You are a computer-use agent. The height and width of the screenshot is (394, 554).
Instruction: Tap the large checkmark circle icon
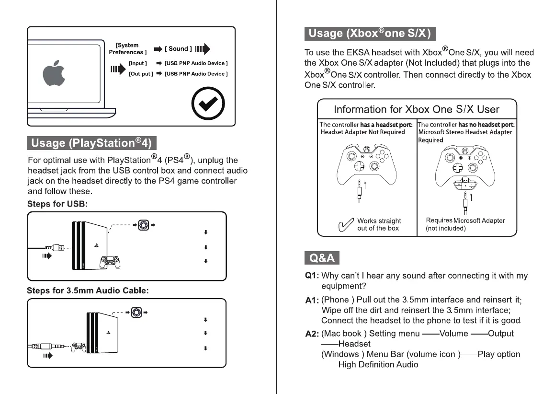tap(208, 103)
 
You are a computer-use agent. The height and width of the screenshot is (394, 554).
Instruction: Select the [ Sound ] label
tap(179, 49)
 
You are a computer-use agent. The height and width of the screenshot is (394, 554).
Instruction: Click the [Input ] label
tap(138, 63)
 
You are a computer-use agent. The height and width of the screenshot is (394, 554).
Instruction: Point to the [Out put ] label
tap(141, 74)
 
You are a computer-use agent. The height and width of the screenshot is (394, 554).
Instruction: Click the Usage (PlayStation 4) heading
tap(91, 143)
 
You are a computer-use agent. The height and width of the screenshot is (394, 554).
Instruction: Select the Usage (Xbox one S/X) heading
tap(370, 33)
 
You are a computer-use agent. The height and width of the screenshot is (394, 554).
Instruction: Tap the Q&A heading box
tap(322, 258)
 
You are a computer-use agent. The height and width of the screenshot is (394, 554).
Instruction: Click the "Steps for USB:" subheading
tap(57, 204)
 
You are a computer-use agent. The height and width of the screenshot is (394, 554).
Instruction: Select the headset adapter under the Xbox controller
tap(464, 185)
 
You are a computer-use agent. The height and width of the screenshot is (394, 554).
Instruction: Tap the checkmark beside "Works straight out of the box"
tap(345, 225)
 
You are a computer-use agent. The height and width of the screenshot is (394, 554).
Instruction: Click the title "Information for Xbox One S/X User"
tap(416, 109)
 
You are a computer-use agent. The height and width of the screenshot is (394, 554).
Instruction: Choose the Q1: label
tap(312, 276)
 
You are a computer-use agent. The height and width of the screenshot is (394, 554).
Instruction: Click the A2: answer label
tap(312, 334)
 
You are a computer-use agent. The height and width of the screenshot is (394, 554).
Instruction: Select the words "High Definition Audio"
tap(378, 365)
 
